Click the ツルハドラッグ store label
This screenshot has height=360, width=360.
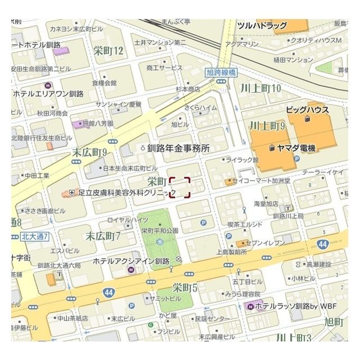(262, 26)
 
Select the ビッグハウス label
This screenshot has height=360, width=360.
(307, 110)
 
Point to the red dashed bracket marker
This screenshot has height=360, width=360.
(180, 187)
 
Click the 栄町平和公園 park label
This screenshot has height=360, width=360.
(160, 231)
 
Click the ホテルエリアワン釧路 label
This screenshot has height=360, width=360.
(48, 93)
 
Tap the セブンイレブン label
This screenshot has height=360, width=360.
(267, 242)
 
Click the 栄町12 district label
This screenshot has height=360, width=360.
(109, 51)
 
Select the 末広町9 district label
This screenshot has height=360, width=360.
(89, 152)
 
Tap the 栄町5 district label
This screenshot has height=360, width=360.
(185, 288)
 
